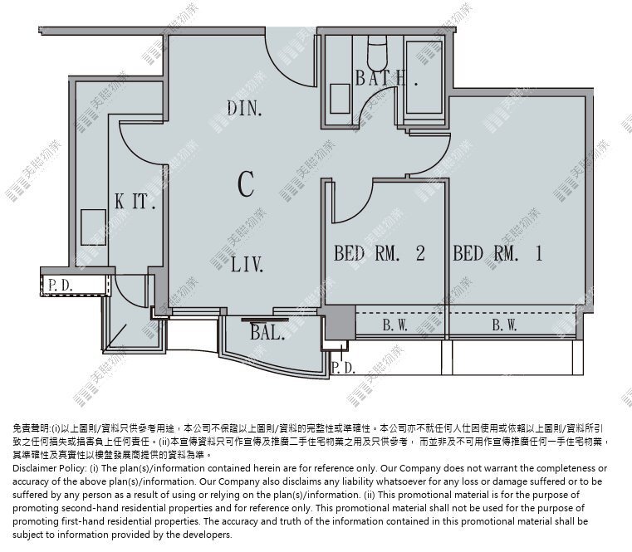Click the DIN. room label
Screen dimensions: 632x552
coord(244,109)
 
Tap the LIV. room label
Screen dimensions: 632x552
coord(247,264)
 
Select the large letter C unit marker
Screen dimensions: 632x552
coord(246,183)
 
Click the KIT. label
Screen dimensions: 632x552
coord(135,201)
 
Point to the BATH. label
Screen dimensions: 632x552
coord(386,78)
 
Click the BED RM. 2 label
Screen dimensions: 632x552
coord(380,253)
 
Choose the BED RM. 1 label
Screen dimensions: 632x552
coord(497,253)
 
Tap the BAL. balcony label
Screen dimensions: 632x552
coord(267,332)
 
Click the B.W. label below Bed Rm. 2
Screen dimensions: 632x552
coord(395,325)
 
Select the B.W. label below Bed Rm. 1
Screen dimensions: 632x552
coord(505,325)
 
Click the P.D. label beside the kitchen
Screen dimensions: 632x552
coord(61,286)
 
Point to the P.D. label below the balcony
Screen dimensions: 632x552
coord(344,368)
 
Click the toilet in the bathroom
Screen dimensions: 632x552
coord(377,51)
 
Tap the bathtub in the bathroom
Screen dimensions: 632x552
coord(424,76)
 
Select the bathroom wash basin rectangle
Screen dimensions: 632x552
coord(340,99)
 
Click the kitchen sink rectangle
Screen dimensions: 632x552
coord(93,227)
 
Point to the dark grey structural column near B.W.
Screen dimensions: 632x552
coord(340,322)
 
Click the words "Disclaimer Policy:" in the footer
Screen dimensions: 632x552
coord(50,468)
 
